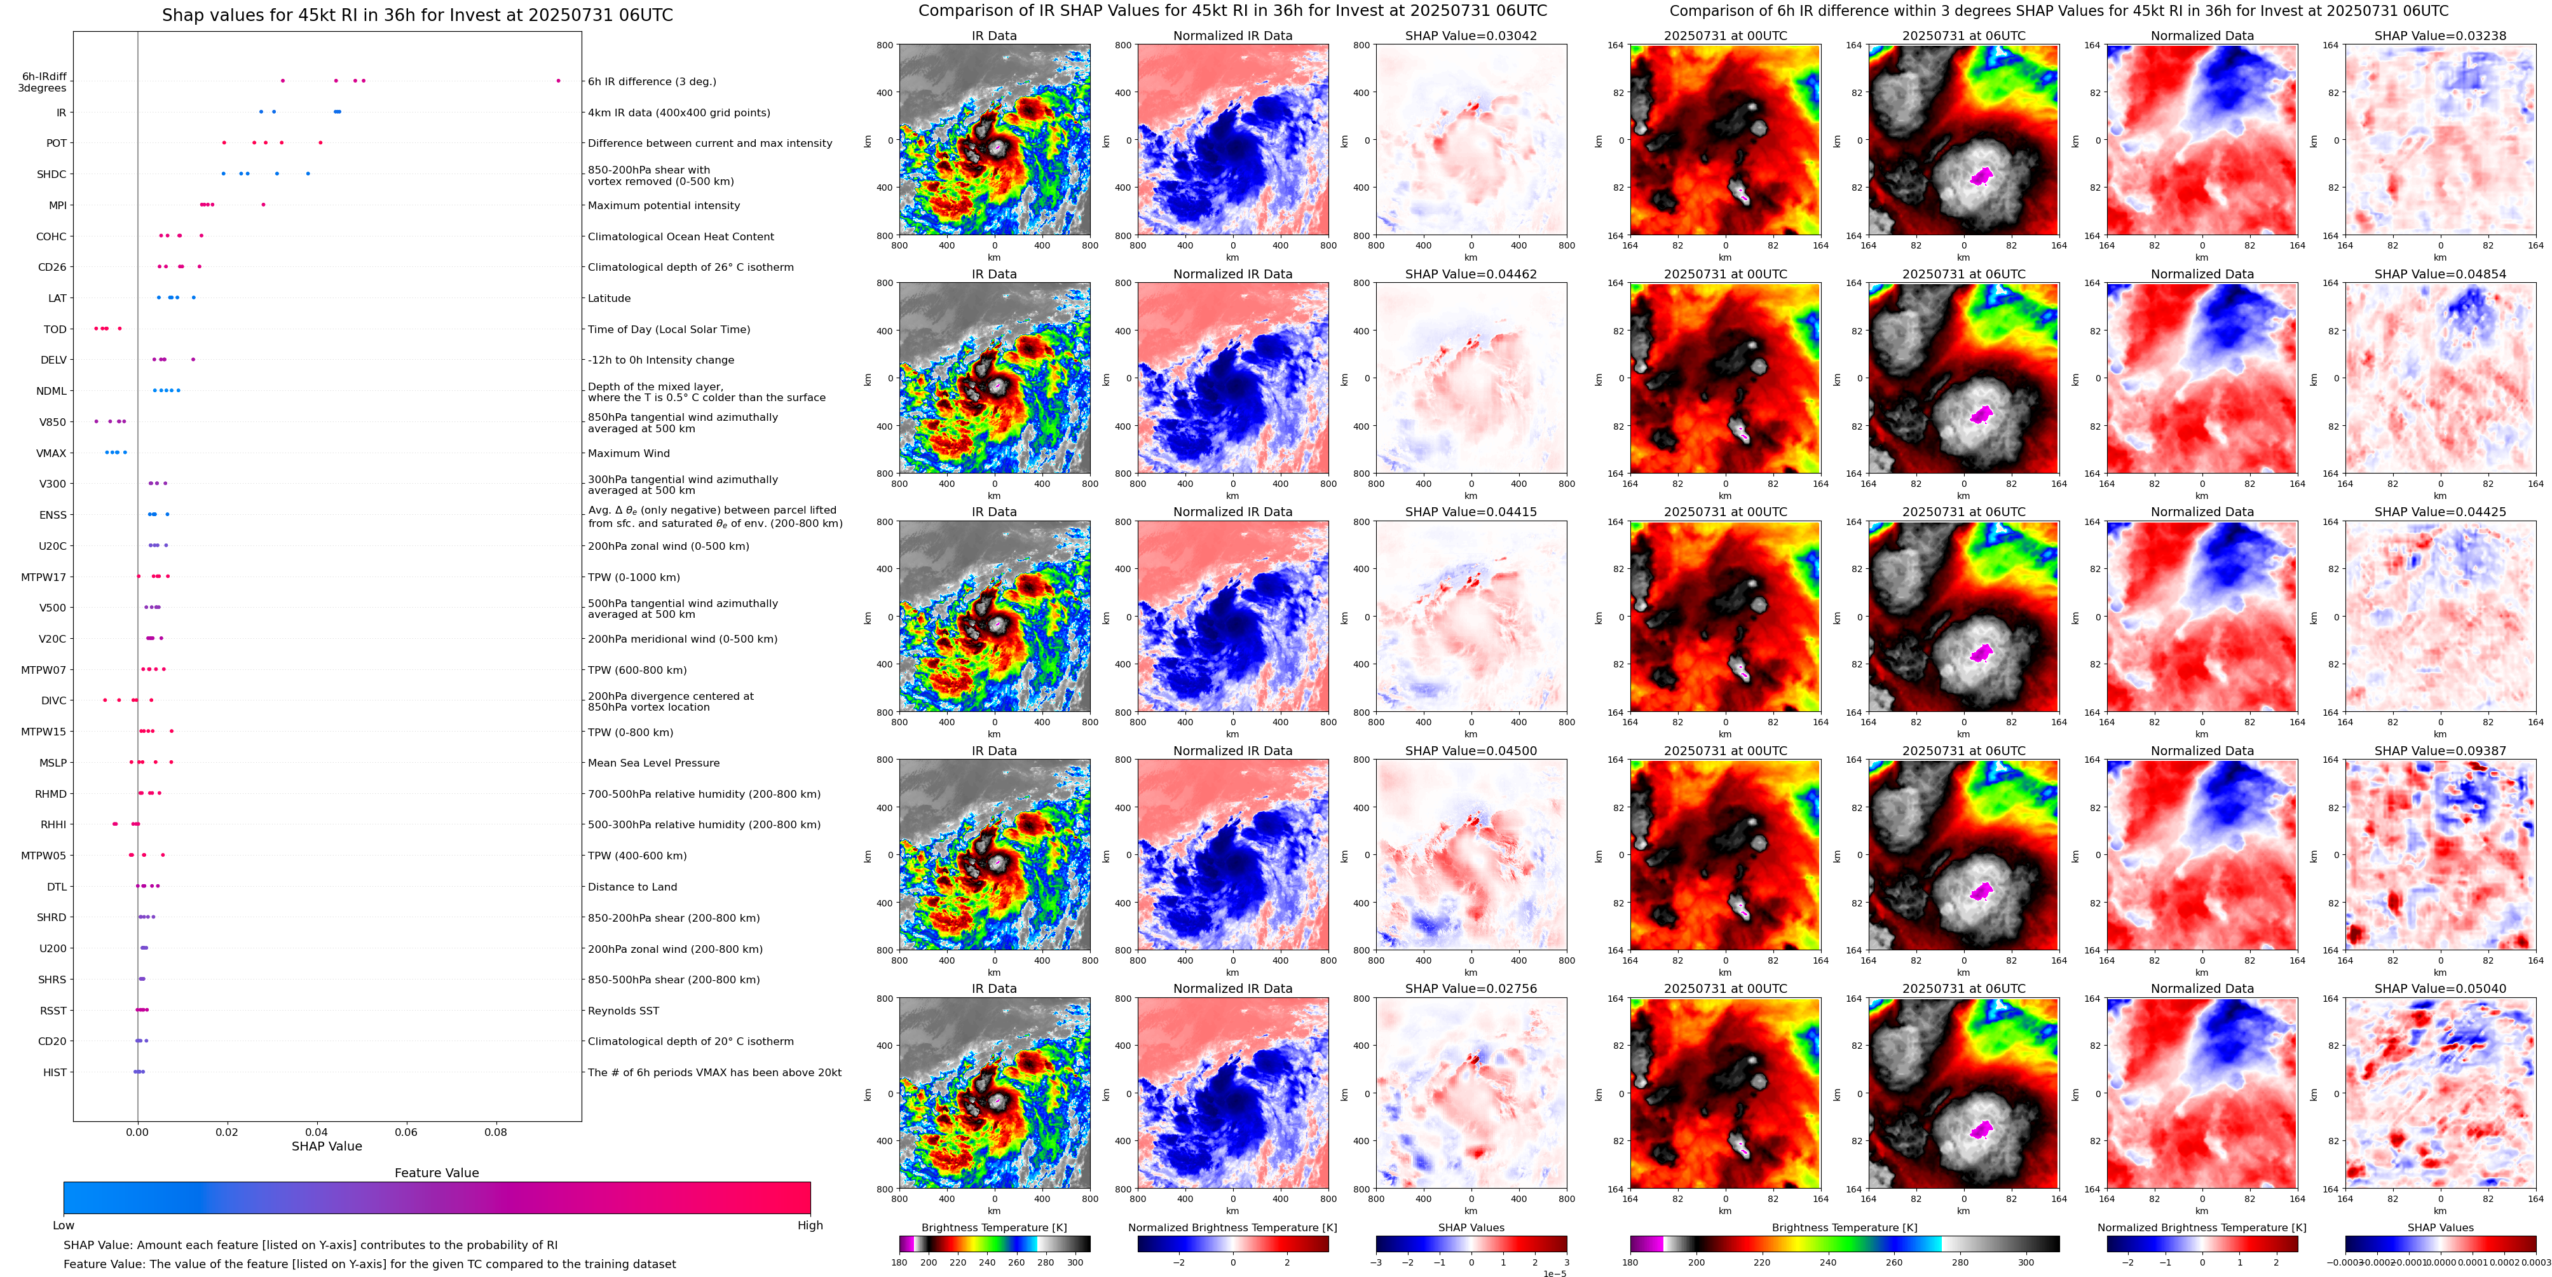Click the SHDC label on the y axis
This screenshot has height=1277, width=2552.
coord(51,174)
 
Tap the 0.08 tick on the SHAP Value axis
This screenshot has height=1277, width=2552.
coord(495,1131)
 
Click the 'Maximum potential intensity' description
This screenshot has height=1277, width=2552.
coord(664,206)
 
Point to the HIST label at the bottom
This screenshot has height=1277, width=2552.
coord(55,1072)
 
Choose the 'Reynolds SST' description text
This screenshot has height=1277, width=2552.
coord(623,1011)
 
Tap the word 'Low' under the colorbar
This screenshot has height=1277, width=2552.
coord(64,1226)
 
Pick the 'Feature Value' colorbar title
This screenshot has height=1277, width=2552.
coord(436,1173)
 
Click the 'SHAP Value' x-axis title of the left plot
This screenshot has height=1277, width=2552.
coord(326,1146)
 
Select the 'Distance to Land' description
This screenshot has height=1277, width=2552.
coord(632,887)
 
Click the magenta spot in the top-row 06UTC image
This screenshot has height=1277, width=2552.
coord(1981,176)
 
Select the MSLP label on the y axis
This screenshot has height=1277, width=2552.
coord(53,763)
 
